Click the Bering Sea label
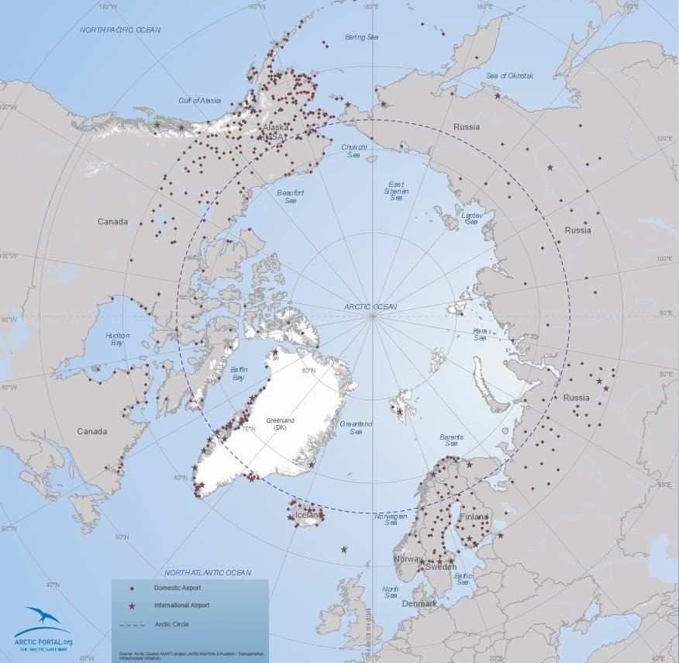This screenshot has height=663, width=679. tap(362, 37)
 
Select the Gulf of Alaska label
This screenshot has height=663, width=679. tap(199, 101)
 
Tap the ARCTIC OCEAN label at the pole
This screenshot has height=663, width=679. tap(371, 307)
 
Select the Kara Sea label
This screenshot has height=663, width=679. tap(480, 334)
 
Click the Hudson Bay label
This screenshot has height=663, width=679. tap(117, 340)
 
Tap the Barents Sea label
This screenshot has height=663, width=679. tap(451, 440)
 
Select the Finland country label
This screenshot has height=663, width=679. tap(473, 516)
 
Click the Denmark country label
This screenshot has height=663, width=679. tap(419, 603)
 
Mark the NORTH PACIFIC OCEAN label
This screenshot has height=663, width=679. tap(120, 29)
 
